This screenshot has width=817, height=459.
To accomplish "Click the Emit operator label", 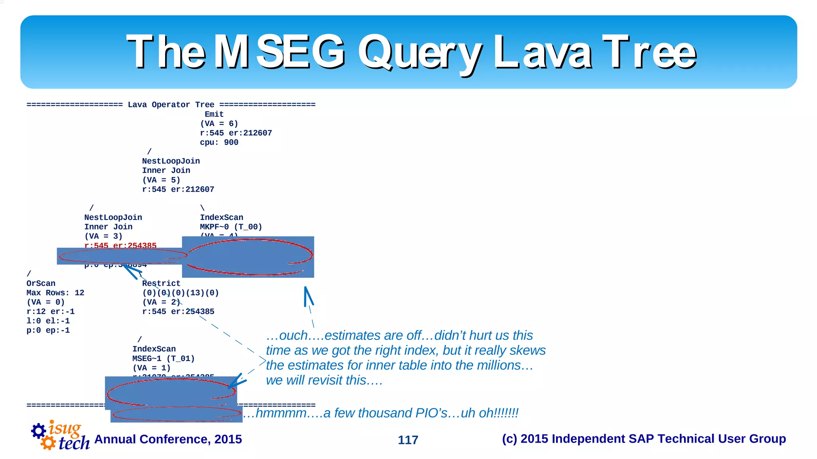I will [214, 114].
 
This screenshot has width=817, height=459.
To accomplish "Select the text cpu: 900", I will [219, 142].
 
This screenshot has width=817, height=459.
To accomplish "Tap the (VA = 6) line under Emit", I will [219, 124].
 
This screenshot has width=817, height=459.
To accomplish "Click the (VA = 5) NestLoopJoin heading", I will [171, 161].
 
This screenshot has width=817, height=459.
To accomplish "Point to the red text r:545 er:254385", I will [120, 245].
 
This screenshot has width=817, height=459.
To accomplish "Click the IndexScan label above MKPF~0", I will [221, 218].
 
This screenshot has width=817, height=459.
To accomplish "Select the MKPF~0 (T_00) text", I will [231, 227].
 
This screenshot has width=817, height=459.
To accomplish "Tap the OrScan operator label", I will [41, 283].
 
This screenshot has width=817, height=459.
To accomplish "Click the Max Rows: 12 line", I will [55, 293].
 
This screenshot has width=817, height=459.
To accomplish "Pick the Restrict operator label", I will [161, 283].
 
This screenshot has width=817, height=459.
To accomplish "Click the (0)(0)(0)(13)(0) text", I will [180, 293].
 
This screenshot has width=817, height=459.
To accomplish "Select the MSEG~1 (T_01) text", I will [164, 358].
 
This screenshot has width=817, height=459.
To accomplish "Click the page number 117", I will [408, 440].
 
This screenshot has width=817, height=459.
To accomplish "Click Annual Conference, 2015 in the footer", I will [168, 439].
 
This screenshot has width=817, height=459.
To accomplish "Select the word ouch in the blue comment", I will [294, 335].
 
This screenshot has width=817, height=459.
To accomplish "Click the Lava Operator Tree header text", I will [171, 105].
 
